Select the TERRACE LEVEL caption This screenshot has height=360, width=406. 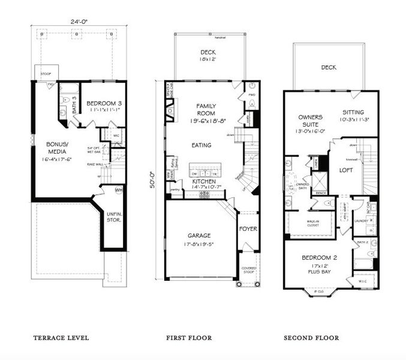[61, 338]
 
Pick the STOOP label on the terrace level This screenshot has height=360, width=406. [46, 75]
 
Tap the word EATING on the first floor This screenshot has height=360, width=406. [201, 145]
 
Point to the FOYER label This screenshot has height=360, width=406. [248, 229]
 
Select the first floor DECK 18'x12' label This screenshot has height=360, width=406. [208, 56]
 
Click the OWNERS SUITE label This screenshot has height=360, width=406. [310, 121]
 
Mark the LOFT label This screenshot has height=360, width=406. [346, 170]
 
